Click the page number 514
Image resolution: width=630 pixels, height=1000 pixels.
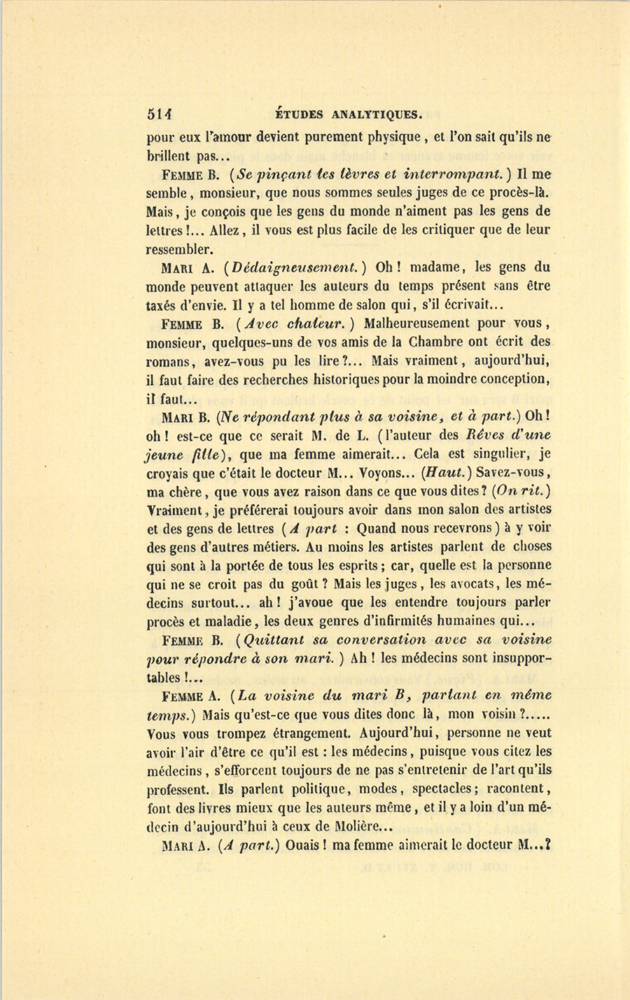(160, 114)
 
